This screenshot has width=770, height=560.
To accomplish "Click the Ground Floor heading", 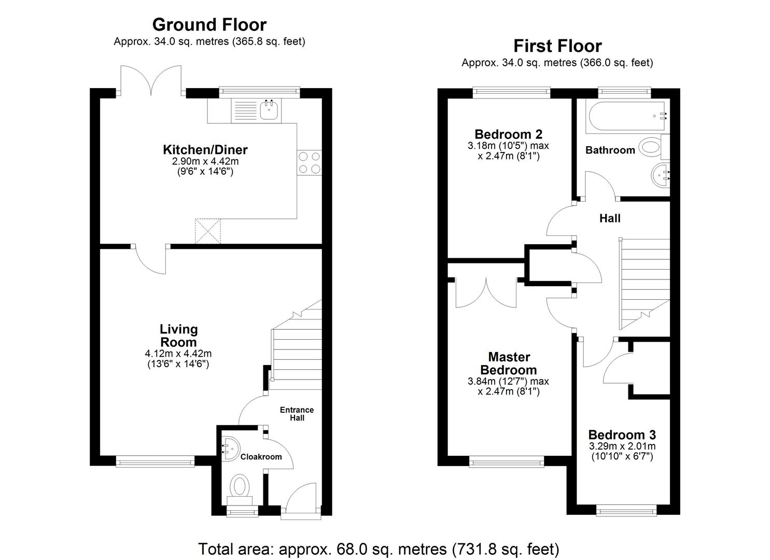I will click(x=209, y=24).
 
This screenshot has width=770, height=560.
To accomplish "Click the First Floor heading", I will click(x=557, y=46).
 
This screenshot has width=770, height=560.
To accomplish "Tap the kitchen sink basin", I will click(x=269, y=109).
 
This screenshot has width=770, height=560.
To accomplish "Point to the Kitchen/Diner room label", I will click(x=205, y=150).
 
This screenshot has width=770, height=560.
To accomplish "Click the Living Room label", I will click(x=178, y=335).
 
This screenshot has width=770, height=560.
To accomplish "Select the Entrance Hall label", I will click(x=297, y=413).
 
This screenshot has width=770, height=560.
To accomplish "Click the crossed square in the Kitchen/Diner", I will click(x=208, y=231).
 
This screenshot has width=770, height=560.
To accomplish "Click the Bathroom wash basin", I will click(x=660, y=175).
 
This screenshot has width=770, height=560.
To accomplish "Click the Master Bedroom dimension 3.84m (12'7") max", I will click(x=508, y=381).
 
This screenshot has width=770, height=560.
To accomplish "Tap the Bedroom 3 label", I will click(x=622, y=435).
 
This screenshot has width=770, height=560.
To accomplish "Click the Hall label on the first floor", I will click(x=610, y=218).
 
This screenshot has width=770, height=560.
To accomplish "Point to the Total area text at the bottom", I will click(x=379, y=549).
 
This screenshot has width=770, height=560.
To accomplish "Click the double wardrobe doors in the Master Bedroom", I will click(x=486, y=293).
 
